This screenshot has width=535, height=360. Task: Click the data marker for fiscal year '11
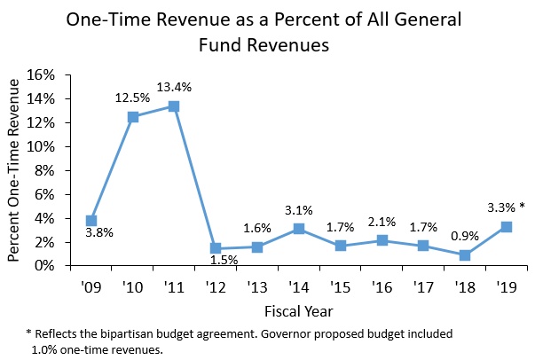(174, 106)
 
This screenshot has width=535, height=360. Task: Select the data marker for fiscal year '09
(91, 220)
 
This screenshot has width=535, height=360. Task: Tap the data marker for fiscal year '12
(216, 248)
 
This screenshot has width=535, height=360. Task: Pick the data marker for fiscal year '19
(506, 227)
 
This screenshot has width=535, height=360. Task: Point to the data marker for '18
(464, 255)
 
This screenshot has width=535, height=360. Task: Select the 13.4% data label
(175, 86)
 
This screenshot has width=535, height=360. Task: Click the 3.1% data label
(298, 209)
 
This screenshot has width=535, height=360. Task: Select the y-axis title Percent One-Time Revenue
(15, 170)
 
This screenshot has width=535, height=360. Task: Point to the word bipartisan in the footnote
(127, 333)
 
